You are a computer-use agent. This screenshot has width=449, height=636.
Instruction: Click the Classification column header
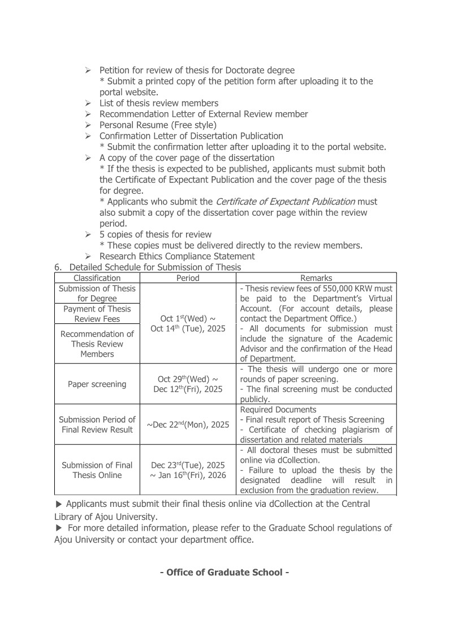point(97,278)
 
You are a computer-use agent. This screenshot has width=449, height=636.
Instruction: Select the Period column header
point(188,278)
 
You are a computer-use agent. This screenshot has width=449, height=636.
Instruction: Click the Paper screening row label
point(97,384)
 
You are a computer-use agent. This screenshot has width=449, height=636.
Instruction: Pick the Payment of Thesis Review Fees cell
point(97,314)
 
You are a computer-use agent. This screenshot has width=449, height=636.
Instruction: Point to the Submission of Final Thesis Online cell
point(97,470)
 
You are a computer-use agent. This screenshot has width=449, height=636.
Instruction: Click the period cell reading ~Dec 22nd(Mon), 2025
point(188,425)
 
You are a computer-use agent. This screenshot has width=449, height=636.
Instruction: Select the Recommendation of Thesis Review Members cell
point(97,344)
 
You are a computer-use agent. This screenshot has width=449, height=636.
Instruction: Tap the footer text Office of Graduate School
point(225,572)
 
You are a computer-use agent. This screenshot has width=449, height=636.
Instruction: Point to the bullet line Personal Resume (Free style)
point(158,125)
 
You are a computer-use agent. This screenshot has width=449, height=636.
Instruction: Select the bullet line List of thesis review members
point(158,103)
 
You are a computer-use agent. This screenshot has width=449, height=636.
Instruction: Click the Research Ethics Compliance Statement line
point(177,256)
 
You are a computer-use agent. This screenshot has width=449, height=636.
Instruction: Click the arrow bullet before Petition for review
point(88,70)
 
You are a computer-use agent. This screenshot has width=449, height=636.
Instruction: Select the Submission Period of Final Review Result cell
point(97,425)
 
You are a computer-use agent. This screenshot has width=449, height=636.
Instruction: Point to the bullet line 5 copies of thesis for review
point(156,234)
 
